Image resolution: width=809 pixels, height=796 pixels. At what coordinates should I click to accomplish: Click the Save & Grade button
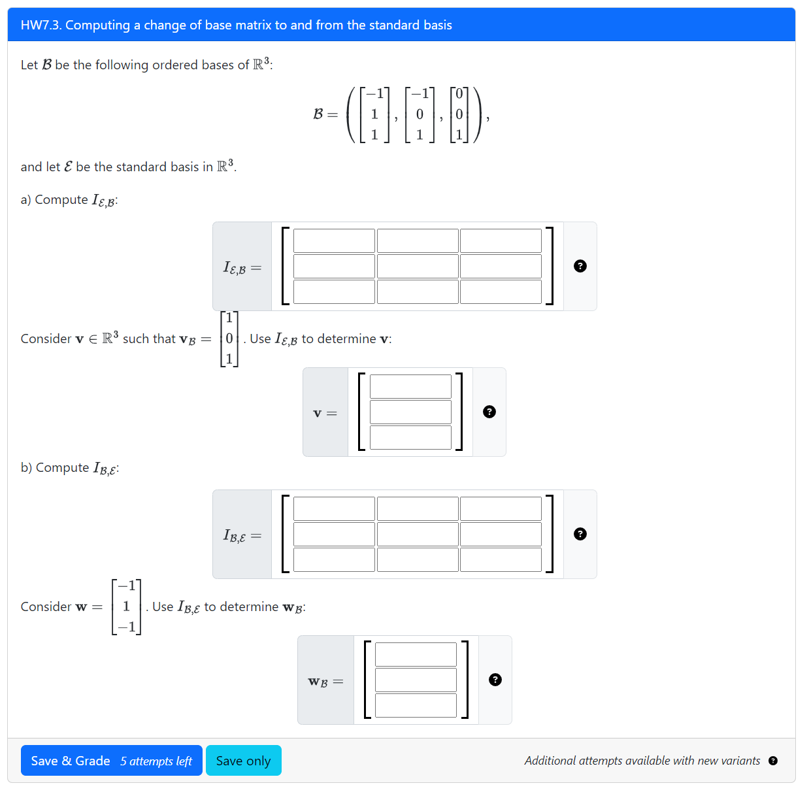71,761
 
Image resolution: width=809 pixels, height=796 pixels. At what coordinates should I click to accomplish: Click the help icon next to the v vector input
489,412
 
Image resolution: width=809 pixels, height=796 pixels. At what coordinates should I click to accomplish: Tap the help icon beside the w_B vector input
495,680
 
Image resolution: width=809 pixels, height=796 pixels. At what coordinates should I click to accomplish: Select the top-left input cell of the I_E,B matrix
334,240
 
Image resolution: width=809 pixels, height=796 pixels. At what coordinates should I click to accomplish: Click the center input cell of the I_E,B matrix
418,266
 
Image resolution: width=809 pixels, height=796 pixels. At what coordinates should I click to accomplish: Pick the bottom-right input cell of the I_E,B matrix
501,291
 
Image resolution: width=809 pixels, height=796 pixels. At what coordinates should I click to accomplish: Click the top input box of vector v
410,386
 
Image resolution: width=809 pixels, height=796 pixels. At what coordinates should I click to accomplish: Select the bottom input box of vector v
410,437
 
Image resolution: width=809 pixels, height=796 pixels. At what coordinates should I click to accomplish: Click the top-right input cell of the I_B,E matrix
501,508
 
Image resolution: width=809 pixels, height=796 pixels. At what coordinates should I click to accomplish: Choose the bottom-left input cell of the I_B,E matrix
334,559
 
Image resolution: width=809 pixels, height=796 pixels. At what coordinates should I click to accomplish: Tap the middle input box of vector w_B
416,680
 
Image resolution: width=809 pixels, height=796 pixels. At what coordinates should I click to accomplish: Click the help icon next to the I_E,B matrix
580,266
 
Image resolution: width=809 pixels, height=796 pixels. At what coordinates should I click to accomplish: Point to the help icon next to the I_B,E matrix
580,534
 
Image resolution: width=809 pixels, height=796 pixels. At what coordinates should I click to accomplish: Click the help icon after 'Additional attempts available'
773,761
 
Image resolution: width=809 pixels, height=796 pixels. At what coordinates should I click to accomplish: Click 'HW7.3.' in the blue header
41,25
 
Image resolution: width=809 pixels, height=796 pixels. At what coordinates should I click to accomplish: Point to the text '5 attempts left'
156,761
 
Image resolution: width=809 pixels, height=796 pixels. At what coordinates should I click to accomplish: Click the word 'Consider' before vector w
46,606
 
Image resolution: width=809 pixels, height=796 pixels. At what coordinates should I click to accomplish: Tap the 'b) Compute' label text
55,468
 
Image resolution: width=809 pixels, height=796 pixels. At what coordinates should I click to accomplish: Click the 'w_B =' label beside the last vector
325,682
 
